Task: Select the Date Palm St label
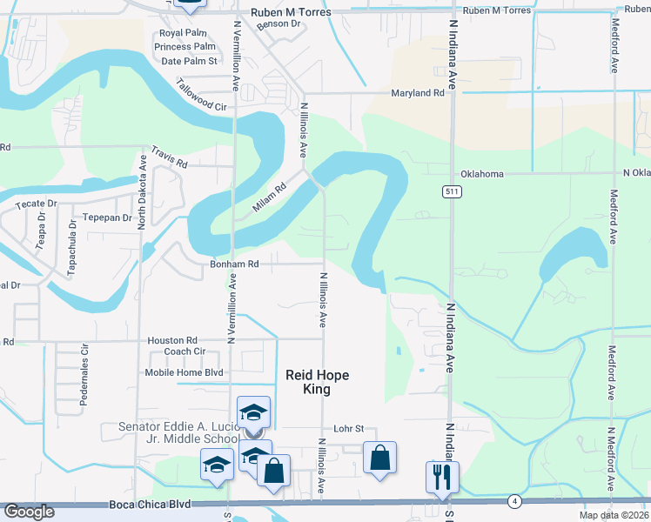(x=189, y=61)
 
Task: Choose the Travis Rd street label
(x=170, y=157)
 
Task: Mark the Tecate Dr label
(x=36, y=204)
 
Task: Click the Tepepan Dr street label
(x=107, y=217)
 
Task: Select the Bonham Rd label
(x=234, y=263)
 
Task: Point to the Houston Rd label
(x=172, y=341)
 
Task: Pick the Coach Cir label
(x=185, y=352)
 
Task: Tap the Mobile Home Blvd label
(x=184, y=372)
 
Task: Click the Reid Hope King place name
(x=318, y=383)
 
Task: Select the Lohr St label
(x=348, y=429)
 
